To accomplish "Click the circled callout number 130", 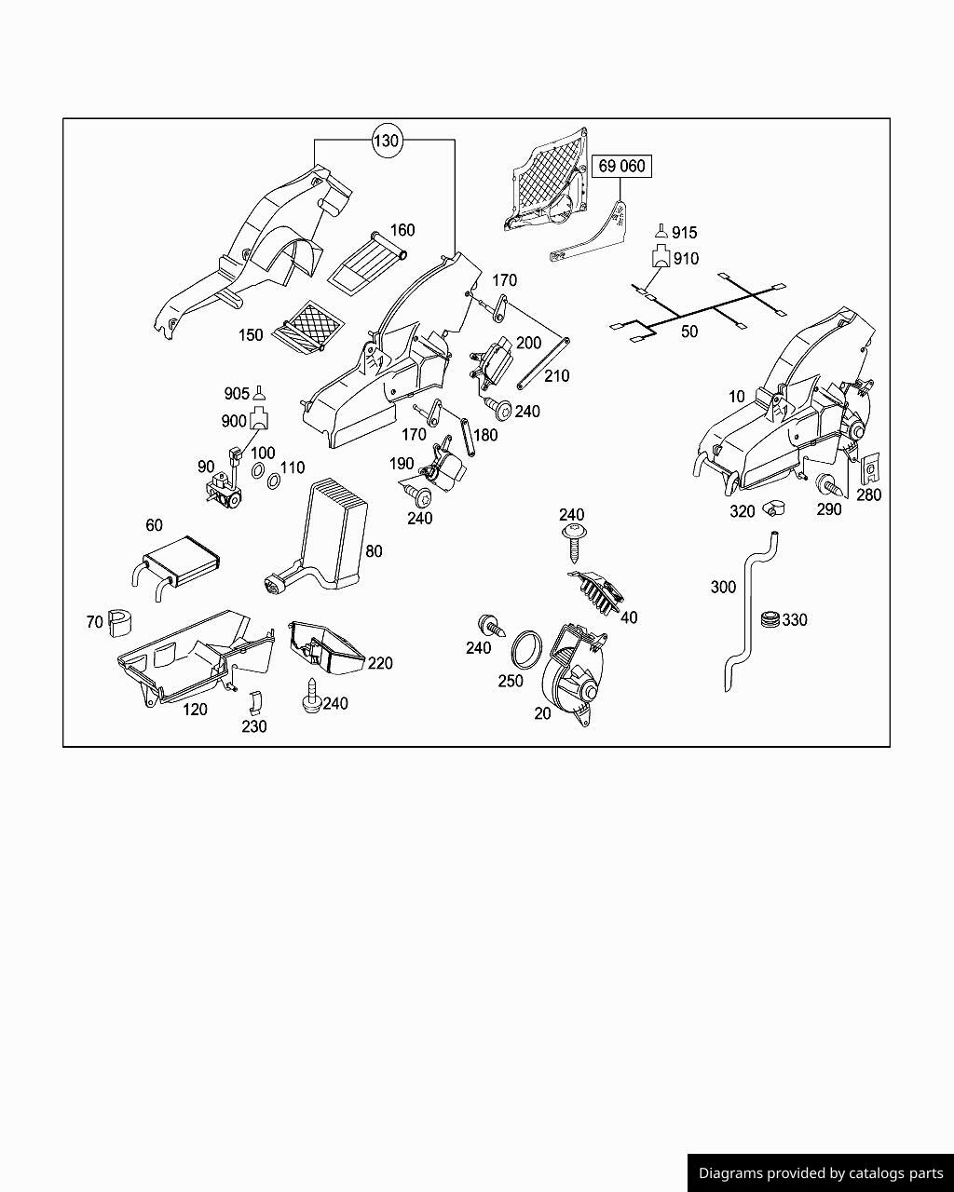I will (x=386, y=141).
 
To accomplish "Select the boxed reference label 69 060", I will (x=621, y=167).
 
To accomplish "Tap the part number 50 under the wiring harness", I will (x=689, y=331).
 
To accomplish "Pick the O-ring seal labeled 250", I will (x=528, y=648).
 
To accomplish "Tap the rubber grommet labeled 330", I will (x=770, y=618).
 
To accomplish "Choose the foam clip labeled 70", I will (x=121, y=622).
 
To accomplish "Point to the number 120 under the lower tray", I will (x=195, y=710).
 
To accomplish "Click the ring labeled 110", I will (x=274, y=481).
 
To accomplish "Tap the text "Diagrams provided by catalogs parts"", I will (x=821, y=1173).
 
